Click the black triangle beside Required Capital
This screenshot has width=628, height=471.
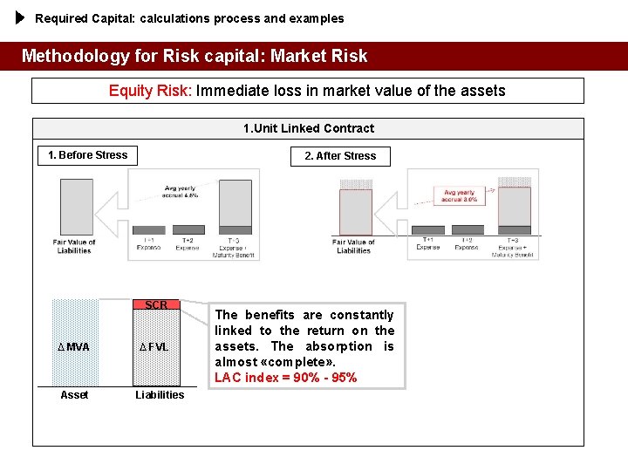tap(22, 17)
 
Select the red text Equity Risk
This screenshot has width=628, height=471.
tap(149, 91)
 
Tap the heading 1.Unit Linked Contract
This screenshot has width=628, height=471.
tap(308, 128)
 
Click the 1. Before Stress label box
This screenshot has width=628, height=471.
tap(87, 155)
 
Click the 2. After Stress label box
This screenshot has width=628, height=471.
tap(340, 156)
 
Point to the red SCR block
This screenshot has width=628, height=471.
tap(156, 305)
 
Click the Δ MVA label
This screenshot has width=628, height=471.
tap(74, 347)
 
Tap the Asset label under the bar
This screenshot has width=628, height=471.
tap(74, 395)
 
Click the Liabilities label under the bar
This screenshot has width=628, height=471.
tap(160, 395)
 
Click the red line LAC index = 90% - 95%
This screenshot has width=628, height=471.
tap(285, 378)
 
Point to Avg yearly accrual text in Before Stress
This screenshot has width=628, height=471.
tap(180, 191)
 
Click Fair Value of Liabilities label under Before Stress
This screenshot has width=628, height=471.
tap(74, 246)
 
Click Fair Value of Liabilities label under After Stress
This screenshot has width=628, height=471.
tap(353, 246)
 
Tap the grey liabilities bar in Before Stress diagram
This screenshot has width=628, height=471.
tap(76, 207)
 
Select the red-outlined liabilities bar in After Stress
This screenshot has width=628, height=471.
tap(355, 212)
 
